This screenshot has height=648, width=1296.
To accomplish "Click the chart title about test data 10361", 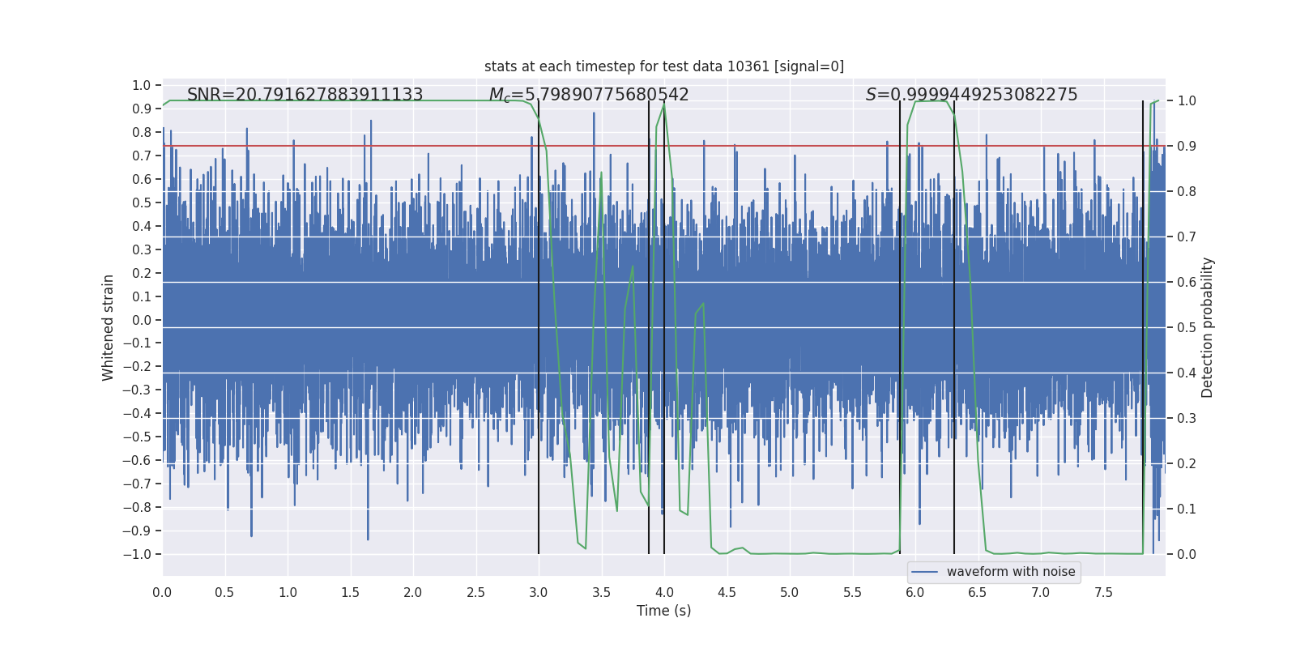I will click(664, 66).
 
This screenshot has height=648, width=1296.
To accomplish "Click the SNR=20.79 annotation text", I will click(305, 95).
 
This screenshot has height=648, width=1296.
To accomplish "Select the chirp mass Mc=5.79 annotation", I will click(589, 95).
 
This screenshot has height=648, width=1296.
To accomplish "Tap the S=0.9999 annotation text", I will click(971, 95).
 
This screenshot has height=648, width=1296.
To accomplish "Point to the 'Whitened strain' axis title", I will click(108, 327).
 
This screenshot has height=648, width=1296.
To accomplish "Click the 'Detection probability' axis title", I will click(1207, 327).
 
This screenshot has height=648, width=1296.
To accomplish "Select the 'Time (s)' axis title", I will click(663, 611).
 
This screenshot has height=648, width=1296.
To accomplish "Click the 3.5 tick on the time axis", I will click(601, 593).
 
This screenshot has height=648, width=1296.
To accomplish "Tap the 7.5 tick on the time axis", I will click(1103, 593).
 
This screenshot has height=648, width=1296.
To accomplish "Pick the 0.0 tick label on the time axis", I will click(162, 593).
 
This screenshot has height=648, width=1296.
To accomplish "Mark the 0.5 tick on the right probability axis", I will click(1186, 328).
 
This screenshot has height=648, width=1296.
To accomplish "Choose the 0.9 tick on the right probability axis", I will click(1186, 147).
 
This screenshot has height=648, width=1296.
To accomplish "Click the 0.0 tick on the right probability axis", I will click(1186, 555).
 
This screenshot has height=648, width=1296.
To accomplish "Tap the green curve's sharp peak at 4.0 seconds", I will click(664, 104).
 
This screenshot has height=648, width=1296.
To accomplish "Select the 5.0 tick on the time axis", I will click(789, 593).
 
